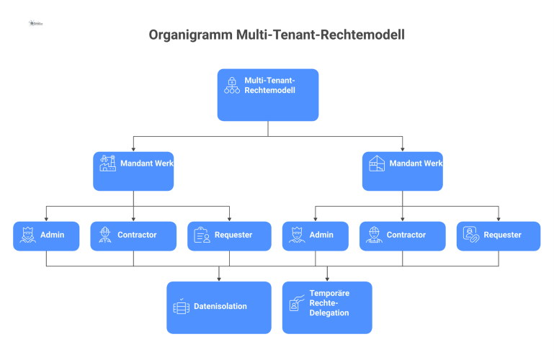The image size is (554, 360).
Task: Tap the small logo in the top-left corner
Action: pos(36,23)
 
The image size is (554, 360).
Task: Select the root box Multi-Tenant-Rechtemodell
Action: pos(268,94)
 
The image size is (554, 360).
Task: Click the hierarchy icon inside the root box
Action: pos(231,86)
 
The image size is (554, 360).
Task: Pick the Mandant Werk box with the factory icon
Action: pos(133,171)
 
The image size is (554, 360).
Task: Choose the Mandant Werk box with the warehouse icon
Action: pos(402,171)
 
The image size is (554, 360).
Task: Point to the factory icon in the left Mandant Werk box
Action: pos(108,163)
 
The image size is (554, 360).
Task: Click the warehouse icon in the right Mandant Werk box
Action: pos(377,163)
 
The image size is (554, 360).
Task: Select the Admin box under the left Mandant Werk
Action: pos(46,235)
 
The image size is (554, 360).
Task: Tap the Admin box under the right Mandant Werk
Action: pos(315,235)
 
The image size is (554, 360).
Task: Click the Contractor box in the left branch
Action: pos(133,235)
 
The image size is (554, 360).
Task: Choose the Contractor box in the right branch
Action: pos(402,235)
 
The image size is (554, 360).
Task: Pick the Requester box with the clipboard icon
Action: pos(230,235)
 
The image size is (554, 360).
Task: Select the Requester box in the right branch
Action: pos(498,235)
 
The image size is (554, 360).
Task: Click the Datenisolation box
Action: pos(219,307)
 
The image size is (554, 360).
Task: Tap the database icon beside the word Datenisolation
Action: pos(181,307)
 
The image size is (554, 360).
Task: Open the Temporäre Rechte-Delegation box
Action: pos(327,307)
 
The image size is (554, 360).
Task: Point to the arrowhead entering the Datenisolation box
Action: pos(219,279)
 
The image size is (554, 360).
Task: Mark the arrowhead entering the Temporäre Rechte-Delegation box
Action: pos(327,279)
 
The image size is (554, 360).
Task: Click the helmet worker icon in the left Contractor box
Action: pos(105,235)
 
